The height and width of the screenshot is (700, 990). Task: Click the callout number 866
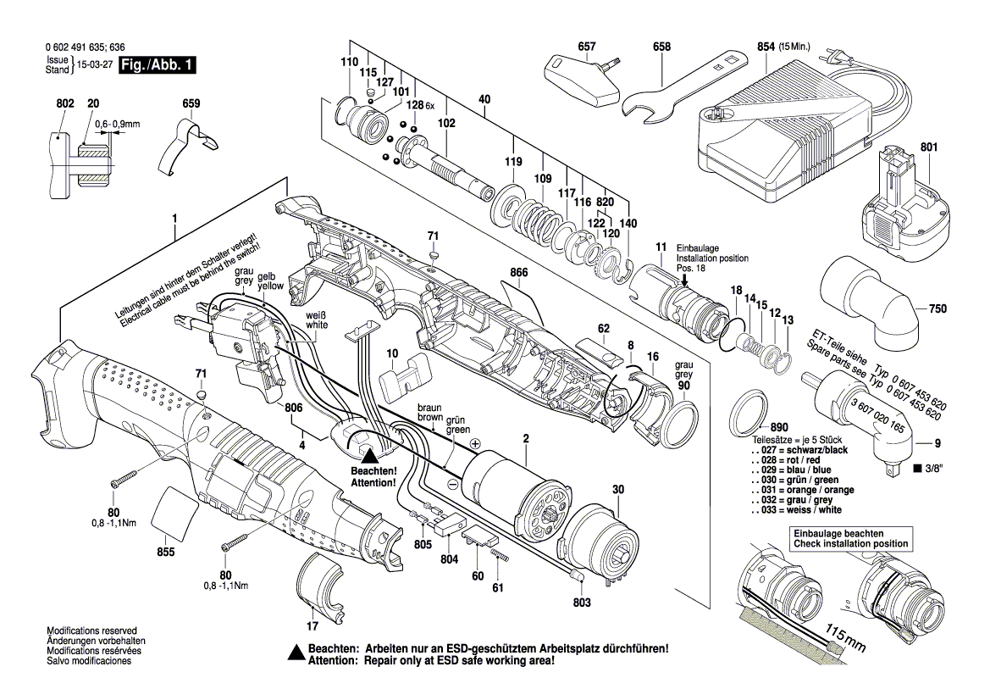(x=519, y=274)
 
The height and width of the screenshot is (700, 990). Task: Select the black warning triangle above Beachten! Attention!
(x=370, y=455)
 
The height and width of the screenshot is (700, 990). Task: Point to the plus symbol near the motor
(x=475, y=443)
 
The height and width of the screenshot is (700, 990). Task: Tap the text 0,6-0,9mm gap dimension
(x=117, y=124)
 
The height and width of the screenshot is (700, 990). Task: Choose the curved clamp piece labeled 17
(x=319, y=585)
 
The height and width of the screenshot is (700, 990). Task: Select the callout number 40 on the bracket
(x=484, y=99)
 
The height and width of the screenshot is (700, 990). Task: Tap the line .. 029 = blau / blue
(x=792, y=469)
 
